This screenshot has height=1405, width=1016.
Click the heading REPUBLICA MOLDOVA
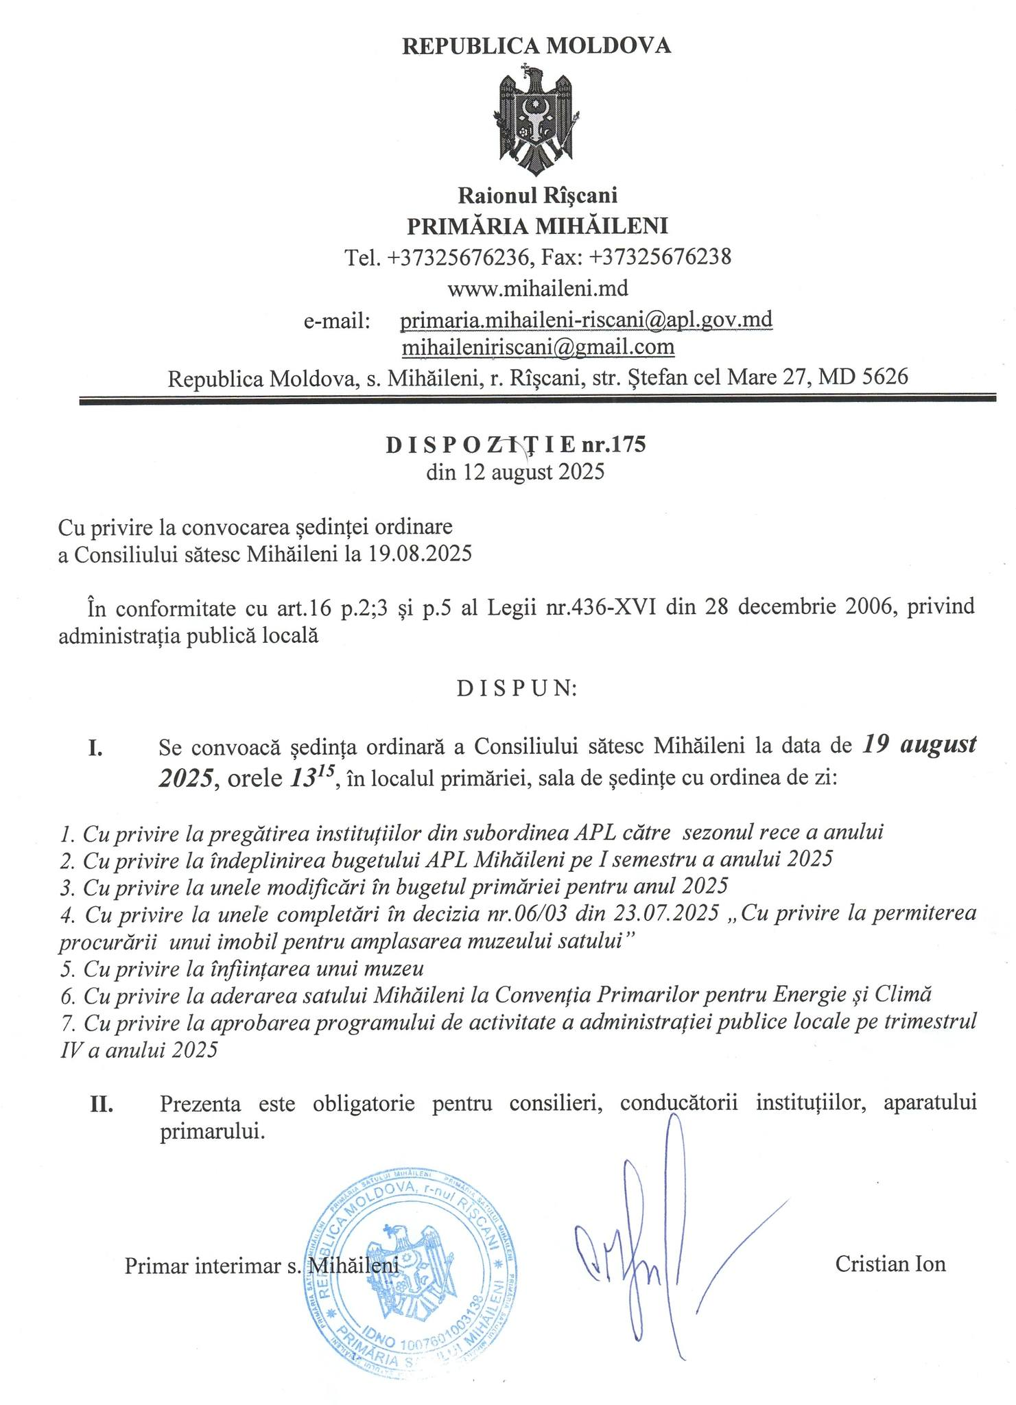(x=536, y=46)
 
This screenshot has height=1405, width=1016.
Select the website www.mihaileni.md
(x=537, y=288)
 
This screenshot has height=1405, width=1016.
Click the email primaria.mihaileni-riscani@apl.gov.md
(x=587, y=320)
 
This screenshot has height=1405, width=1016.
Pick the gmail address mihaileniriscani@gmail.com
(x=538, y=348)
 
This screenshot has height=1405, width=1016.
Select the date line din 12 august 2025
(x=515, y=473)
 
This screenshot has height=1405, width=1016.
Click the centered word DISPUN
(x=517, y=688)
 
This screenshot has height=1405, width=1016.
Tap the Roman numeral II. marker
(x=102, y=1104)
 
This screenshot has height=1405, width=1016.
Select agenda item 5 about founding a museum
(x=242, y=969)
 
